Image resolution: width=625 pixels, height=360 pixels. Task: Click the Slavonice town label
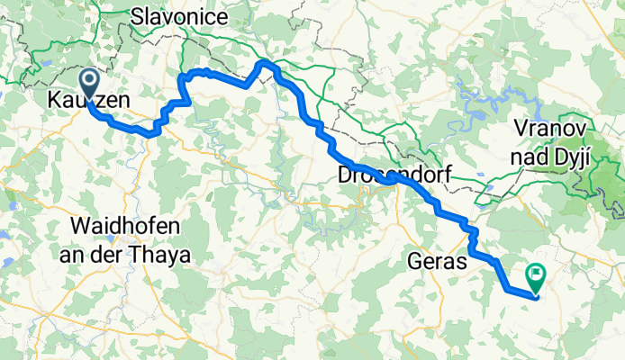175,15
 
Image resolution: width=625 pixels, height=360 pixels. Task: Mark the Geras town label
438,262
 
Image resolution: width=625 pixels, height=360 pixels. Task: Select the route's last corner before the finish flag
507,288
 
